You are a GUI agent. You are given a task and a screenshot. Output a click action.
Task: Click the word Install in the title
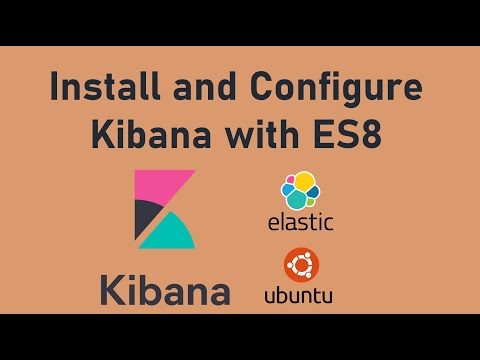click(105, 86)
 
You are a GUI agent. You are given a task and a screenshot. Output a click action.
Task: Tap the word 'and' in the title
click(205, 86)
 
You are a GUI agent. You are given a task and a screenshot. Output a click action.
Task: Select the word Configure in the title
click(336, 89)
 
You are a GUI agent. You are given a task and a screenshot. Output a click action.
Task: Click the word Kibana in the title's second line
click(151, 134)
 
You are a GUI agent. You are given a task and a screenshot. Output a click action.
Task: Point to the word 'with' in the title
click(262, 134)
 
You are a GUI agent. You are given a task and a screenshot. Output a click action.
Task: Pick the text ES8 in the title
click(347, 135)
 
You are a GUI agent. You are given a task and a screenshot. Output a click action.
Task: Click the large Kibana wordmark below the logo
click(165, 290)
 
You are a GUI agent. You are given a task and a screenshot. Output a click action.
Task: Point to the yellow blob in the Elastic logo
click(304, 182)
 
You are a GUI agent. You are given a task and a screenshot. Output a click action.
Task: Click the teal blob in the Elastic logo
click(298, 200)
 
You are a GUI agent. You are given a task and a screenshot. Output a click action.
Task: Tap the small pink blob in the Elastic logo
click(291, 179)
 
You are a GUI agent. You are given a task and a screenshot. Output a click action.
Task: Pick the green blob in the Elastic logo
click(310, 201)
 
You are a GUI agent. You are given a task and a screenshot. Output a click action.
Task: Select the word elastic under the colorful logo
click(301, 222)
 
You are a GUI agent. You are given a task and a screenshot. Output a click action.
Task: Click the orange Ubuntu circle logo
click(301, 265)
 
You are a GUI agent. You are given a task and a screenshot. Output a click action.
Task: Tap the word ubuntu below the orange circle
click(298, 296)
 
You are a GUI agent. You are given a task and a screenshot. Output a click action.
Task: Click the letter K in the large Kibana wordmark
click(112, 290)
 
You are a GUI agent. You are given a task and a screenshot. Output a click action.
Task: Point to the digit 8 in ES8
click(371, 135)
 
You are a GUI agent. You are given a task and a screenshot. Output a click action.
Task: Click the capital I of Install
click(54, 86)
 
